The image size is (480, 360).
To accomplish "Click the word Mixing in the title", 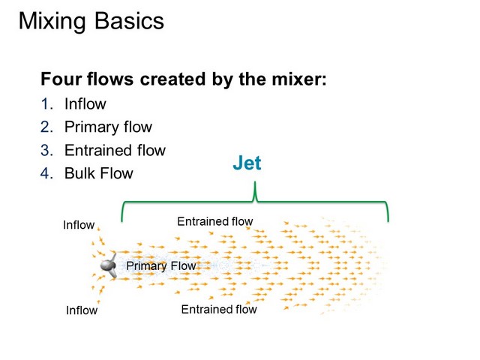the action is (52, 22).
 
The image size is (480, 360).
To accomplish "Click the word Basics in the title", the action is (129, 21).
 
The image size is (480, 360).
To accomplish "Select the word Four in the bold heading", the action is (61, 79).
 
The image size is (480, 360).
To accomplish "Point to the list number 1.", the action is (46, 104).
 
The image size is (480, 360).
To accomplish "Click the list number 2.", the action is (46, 127).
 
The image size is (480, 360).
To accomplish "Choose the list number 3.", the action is (46, 150).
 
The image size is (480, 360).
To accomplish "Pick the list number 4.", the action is (46, 173).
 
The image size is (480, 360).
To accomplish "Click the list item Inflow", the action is (85, 104).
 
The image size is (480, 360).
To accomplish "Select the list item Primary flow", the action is (108, 127).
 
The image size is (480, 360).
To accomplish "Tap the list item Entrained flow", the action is (115, 150).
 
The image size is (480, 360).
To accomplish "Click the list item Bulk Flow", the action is (99, 173).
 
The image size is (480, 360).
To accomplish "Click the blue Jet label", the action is (247, 163).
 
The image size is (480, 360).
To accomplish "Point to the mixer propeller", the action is (109, 265).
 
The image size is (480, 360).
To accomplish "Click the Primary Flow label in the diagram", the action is (161, 266).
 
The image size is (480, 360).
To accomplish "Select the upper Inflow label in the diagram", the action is (79, 225).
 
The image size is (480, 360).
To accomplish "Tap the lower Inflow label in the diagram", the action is (82, 310).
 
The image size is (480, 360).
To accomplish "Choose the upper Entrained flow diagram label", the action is (215, 221).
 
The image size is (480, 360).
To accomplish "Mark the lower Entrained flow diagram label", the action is (219, 309).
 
